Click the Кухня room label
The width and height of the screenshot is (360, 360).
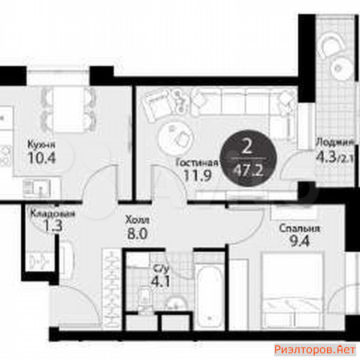[41, 145]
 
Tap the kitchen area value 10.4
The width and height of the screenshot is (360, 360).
[42, 158]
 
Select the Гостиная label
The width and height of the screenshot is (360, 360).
[197, 162]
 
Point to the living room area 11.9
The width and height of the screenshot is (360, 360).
[198, 175]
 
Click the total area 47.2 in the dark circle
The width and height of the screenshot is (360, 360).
[248, 171]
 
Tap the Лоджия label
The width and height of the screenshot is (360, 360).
[335, 142]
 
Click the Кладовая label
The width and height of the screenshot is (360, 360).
[52, 213]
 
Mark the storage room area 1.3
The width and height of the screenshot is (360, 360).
[53, 226]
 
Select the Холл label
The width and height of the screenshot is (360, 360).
[137, 220]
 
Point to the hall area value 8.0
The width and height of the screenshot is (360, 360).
[137, 234]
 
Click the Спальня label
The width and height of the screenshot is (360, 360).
[299, 228]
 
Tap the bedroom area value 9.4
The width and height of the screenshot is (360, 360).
[300, 241]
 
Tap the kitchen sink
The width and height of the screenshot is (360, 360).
[37, 189]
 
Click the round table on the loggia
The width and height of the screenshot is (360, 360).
[341, 68]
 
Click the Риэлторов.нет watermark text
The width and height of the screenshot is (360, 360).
[315, 349]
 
